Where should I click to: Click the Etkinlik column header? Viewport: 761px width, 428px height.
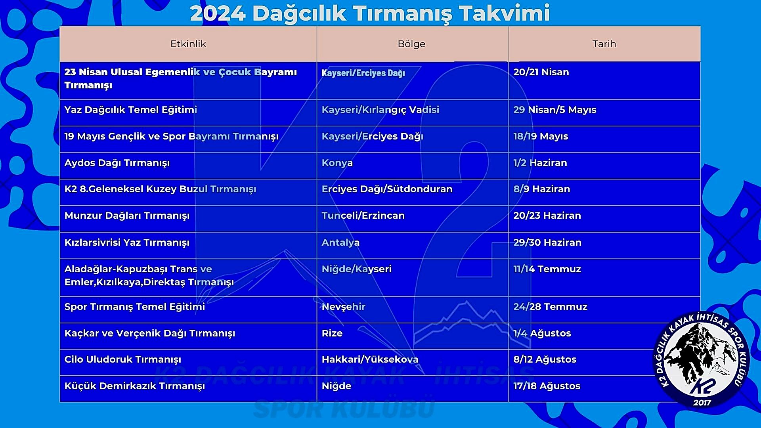tap(188, 44)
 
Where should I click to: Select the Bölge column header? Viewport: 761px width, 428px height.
tap(411, 44)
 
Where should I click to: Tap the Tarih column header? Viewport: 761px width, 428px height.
tap(604, 44)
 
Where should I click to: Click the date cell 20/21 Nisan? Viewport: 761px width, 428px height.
tap(541, 72)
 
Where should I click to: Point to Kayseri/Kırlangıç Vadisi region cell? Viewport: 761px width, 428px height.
tap(380, 110)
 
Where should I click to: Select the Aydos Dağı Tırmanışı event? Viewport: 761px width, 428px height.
tap(117, 163)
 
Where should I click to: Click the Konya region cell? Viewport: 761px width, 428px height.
tap(337, 163)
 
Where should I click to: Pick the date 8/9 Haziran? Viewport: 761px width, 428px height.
tap(541, 189)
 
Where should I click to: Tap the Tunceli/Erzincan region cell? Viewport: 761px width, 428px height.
tap(363, 216)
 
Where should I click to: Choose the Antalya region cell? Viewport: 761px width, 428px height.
tap(340, 243)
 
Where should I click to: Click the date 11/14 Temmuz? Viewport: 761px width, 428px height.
tap(547, 269)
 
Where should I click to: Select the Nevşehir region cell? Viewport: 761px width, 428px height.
tap(343, 307)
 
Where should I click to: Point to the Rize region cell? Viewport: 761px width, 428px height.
tap(332, 333)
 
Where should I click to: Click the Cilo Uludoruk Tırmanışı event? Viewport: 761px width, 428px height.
tap(122, 359)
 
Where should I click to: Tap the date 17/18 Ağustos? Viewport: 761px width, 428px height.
tap(547, 386)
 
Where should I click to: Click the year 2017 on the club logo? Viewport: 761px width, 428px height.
tap(702, 403)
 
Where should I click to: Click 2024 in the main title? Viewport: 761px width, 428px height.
tap(218, 13)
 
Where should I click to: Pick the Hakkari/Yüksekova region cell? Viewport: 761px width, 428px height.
tap(370, 359)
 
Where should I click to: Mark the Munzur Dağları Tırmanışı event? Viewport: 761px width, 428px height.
tap(127, 216)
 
